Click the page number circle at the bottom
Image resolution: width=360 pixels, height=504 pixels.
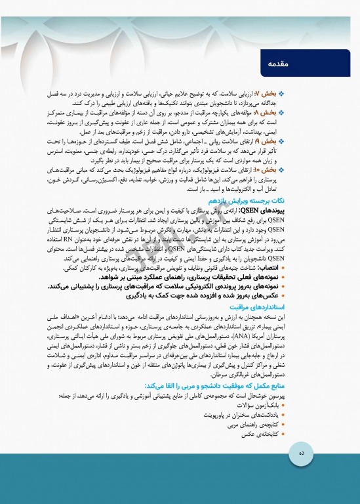pyautogui.click(x=303, y=471)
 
